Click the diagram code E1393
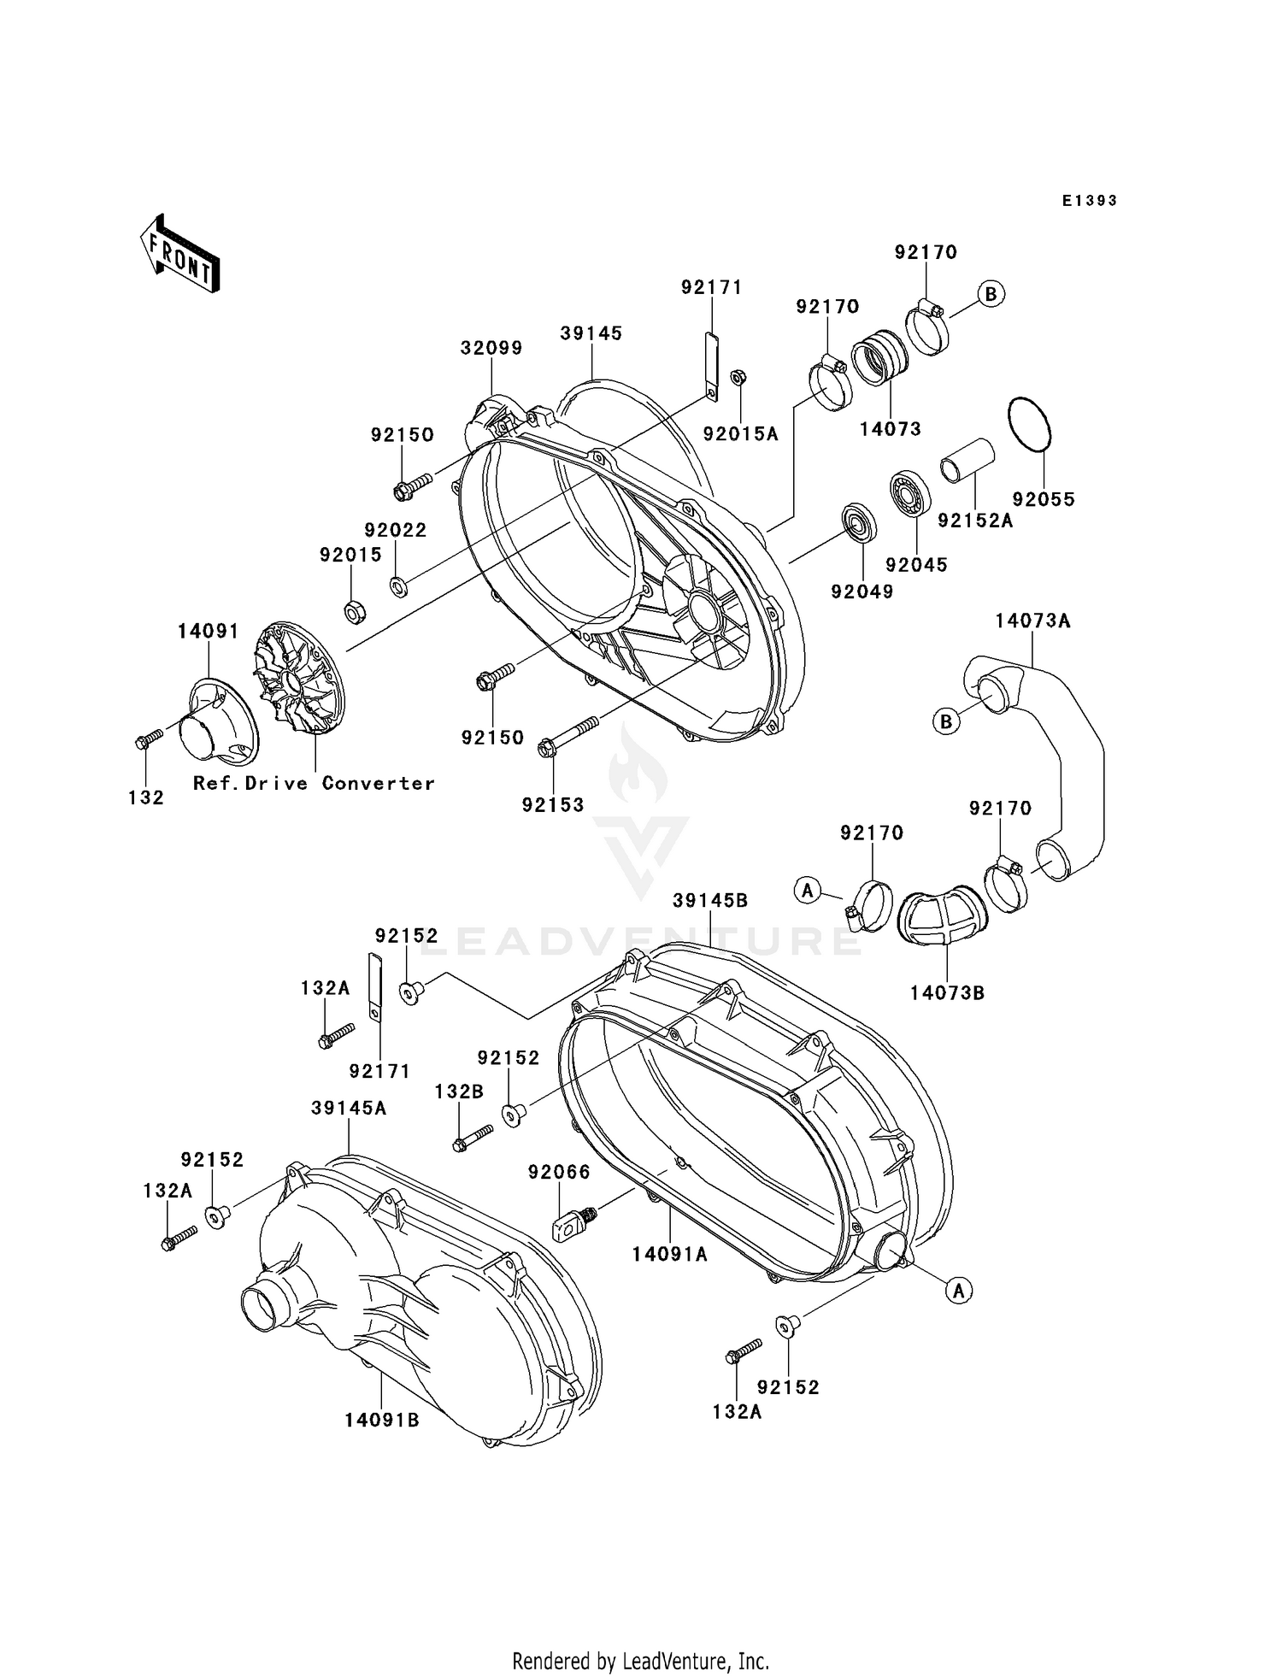tap(1090, 201)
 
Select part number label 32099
tap(491, 348)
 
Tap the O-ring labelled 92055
tap(1029, 424)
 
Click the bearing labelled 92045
tap(909, 492)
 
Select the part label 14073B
tap(947, 992)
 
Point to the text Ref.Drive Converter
tap(314, 783)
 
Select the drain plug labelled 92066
tap(569, 1225)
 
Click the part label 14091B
tap(382, 1420)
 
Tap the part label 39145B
tap(710, 900)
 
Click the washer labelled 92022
tap(397, 586)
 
